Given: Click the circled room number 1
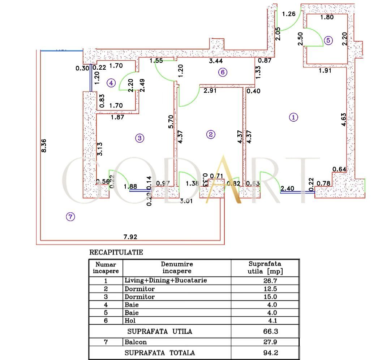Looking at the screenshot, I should point(294,117).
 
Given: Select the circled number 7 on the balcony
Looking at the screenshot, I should point(70,217).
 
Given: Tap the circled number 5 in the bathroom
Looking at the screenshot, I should point(328,40).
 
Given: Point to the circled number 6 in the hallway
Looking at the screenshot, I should point(223,72).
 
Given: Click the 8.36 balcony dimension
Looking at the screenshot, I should point(44,145).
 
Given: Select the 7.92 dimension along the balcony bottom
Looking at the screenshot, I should point(130,237).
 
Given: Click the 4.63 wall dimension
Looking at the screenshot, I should point(343,120).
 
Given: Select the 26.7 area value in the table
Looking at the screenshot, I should point(266,281).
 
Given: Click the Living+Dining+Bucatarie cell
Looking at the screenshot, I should point(166,281).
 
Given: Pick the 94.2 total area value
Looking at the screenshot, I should point(266,353).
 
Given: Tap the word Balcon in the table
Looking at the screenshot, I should point(136,342).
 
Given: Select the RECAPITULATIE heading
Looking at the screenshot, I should point(116,252).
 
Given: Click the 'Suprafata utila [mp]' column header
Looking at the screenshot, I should point(265,268).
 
